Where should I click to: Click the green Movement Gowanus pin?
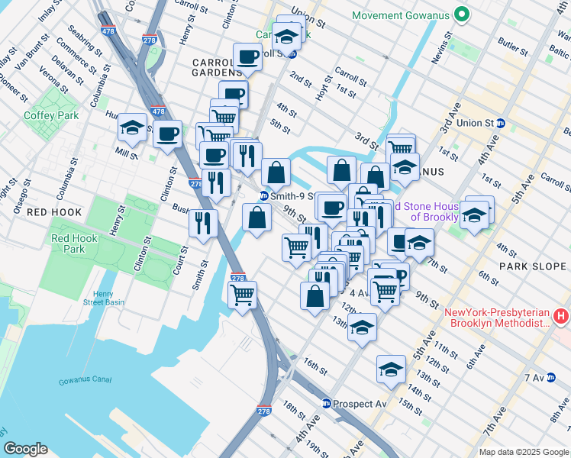pyautogui.click(x=461, y=15)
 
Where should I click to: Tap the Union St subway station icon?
pyautogui.click(x=501, y=123)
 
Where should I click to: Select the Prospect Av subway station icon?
pyautogui.click(x=327, y=404)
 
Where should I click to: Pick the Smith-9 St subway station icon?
pyautogui.click(x=265, y=195)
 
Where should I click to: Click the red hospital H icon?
pyautogui.click(x=561, y=315)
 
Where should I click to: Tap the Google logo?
pyautogui.click(x=25, y=449)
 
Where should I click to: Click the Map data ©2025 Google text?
pyautogui.click(x=523, y=452)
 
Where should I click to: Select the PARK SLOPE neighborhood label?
pyautogui.click(x=534, y=266)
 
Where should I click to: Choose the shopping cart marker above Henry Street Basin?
pyautogui.click(x=242, y=294)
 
